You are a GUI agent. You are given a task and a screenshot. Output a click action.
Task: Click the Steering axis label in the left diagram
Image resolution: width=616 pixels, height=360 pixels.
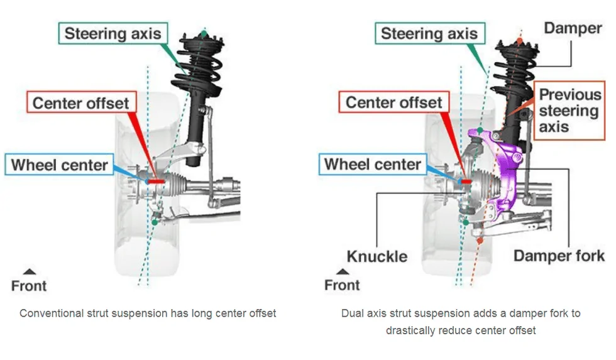[113, 33]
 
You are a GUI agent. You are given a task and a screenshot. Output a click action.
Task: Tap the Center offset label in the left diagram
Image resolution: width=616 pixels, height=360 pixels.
[80, 103]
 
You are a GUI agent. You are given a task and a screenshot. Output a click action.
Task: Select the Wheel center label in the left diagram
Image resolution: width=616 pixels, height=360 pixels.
[60, 165]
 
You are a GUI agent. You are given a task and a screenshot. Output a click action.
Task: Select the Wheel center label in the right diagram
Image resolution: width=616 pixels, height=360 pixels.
[373, 165]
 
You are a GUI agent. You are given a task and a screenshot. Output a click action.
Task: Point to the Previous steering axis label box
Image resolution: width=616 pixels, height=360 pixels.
[569, 111]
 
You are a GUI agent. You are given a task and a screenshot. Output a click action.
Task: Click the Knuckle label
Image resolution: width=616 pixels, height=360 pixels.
[377, 256]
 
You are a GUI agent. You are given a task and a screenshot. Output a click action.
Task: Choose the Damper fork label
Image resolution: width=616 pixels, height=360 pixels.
[559, 256]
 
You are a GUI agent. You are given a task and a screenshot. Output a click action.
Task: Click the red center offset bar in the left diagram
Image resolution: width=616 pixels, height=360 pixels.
[157, 180]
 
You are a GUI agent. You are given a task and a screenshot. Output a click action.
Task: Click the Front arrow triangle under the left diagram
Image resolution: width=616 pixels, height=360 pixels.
[29, 271]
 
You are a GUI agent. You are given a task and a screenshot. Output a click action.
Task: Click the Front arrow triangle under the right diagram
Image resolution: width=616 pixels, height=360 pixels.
[343, 271]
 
